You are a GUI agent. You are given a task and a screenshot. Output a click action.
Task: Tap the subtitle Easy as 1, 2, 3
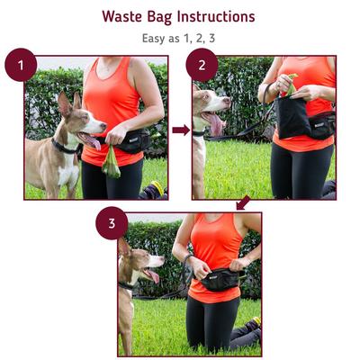pyautogui.click(x=178, y=38)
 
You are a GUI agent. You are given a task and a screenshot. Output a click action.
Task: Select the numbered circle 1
pyautogui.click(x=21, y=67)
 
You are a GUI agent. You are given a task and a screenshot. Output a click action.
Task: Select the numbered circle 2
pyautogui.click(x=202, y=67)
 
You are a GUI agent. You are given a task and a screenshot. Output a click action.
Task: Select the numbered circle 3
pyautogui.click(x=112, y=223)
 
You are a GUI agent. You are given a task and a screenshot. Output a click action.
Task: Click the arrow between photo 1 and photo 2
pyautogui.click(x=180, y=130)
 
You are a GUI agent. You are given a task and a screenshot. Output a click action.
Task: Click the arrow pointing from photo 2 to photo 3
pyautogui.click(x=241, y=204)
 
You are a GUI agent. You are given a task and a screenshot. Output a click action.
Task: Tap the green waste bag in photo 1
pyautogui.click(x=110, y=163)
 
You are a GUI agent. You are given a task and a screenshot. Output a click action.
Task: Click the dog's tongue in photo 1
pyautogui.click(x=92, y=140)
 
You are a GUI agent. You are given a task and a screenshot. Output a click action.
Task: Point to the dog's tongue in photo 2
pyautogui.click(x=216, y=123)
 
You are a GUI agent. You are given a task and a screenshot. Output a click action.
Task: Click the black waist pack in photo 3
pyautogui.click(x=215, y=281)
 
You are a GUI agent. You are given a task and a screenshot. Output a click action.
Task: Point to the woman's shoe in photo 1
pyautogui.click(x=154, y=190)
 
